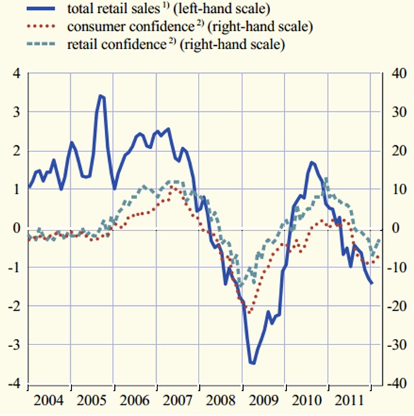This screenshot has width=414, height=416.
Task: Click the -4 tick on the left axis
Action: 12,384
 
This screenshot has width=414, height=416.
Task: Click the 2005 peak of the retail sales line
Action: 101,95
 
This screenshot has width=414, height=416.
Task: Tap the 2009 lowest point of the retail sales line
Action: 253,363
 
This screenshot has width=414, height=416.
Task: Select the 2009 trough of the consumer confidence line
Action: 249,313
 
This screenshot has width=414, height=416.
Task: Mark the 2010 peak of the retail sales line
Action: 313,162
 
